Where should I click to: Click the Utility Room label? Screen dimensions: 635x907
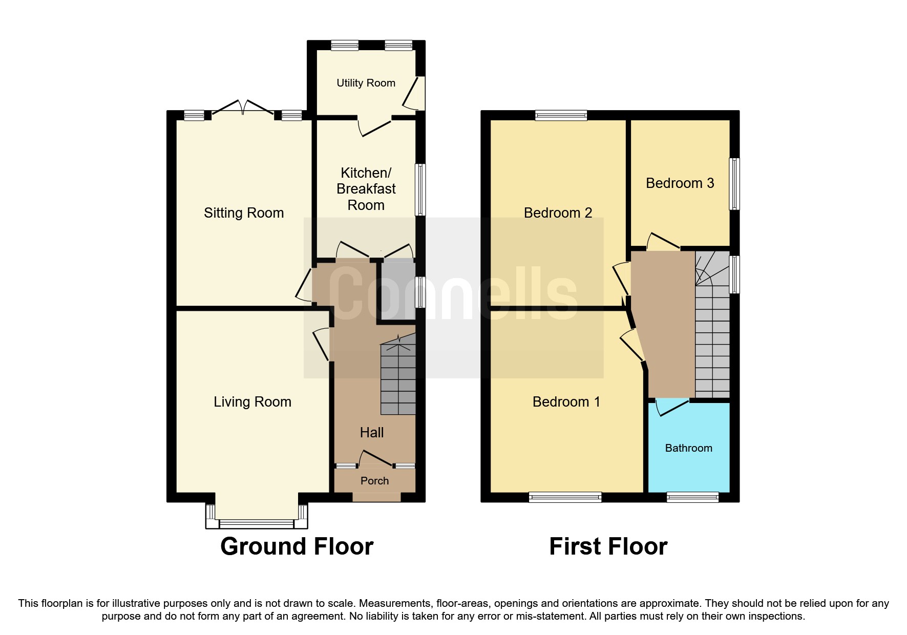tap(366, 83)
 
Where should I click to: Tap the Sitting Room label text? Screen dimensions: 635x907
tap(244, 213)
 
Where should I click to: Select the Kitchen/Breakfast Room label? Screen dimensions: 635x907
tap(366, 189)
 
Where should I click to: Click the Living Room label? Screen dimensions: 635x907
tap(252, 402)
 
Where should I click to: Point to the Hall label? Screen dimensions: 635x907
tap(372, 433)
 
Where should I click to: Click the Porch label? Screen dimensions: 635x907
tap(374, 481)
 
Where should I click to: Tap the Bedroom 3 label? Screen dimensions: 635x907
tap(680, 183)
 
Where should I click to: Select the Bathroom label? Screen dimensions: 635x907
tap(688, 448)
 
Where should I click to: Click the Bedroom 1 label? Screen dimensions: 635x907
tap(566, 402)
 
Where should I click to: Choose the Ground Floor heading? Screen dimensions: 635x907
tap(297, 546)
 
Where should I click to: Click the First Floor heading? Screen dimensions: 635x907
tap(608, 546)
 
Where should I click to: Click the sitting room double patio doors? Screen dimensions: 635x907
tap(243, 108)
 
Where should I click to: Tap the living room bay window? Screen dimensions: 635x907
tap(256, 523)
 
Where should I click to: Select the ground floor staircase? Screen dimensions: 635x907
tap(398, 379)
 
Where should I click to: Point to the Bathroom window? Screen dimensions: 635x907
tap(692, 497)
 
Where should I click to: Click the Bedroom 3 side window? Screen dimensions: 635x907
tap(734, 184)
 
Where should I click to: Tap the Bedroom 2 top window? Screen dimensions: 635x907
tap(561, 115)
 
